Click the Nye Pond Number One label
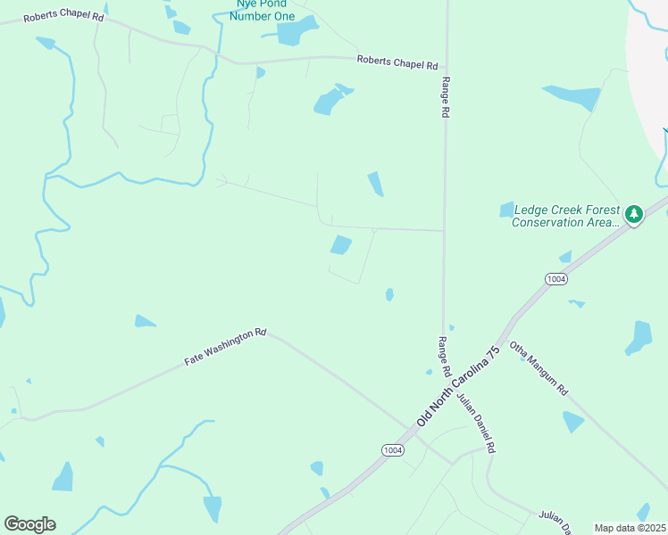tap(261, 9)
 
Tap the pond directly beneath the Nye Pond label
tap(296, 32)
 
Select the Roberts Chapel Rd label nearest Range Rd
tap(397, 63)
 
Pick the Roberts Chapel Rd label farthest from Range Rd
tap(63, 16)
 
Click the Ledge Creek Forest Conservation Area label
tap(565, 216)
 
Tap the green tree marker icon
tap(634, 214)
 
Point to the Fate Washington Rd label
tap(225, 347)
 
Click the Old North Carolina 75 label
tap(456, 386)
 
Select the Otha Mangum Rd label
tap(539, 369)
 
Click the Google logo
tap(29, 524)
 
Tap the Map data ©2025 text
tap(630, 528)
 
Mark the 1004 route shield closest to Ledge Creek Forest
tap(555, 279)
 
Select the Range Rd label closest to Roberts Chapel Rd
tap(445, 97)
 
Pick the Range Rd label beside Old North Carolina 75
tap(444, 355)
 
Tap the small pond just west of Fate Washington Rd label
tap(145, 321)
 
